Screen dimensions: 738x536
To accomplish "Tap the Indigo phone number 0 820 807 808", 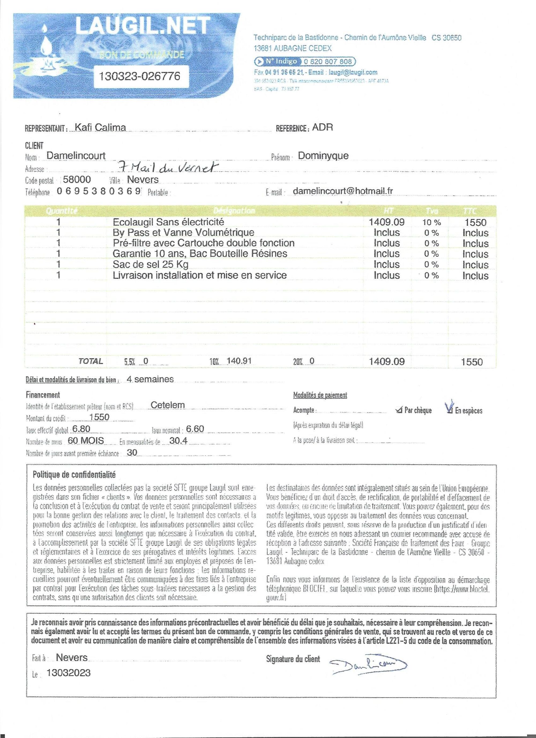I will pos(328,61).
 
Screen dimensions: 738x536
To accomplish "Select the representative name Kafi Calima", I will pos(100,127).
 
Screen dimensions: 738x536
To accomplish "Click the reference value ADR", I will pos(322,127).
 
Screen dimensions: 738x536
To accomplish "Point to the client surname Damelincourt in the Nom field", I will pos(76,156).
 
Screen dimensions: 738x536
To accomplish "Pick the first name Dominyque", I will pos(323,156).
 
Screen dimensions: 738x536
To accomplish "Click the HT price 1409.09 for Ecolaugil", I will pos(386,222).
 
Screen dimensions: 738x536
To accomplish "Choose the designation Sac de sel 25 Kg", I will pos(151,264).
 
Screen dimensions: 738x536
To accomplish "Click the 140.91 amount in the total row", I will pos(239,361).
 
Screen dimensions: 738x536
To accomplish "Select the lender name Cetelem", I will pos(168,405).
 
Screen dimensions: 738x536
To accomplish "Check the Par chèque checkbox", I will pos(399,410).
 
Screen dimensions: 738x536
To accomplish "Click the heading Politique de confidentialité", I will pos(74,474).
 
